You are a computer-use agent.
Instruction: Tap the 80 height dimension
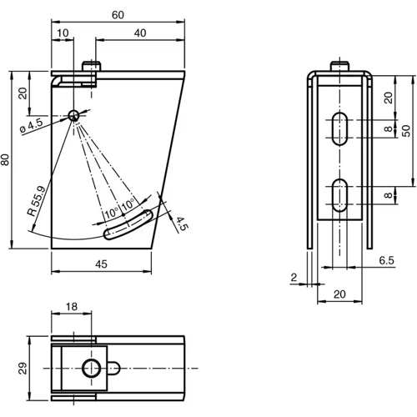5,161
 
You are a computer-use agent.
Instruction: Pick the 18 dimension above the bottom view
73,308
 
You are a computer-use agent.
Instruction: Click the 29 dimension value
24,368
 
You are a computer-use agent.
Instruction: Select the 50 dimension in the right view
404,131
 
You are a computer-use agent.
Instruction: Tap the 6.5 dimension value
386,260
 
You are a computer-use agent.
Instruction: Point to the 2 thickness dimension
294,277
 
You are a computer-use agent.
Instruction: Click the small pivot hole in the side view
73,115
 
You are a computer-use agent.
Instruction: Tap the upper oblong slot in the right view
338,128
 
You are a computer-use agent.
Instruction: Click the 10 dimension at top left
62,33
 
